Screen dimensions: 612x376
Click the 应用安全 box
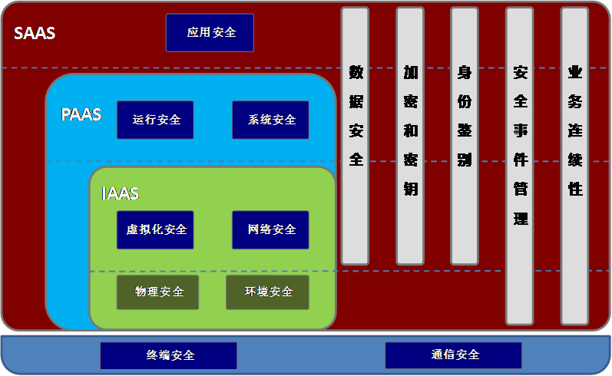click(210, 33)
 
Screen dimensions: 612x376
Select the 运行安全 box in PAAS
click(155, 120)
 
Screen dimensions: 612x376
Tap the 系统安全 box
click(270, 120)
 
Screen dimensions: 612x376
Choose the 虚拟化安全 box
click(155, 229)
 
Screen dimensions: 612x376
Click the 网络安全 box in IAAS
click(270, 229)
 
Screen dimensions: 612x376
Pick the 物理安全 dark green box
click(157, 292)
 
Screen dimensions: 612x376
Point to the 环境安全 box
click(268, 292)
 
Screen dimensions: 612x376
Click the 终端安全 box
click(169, 355)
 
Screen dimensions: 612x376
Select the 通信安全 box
click(454, 355)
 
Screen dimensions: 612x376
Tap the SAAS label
click(35, 33)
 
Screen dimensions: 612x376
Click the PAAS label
click(81, 114)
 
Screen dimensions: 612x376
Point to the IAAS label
click(121, 193)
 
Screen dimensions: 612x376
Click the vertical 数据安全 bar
click(356, 136)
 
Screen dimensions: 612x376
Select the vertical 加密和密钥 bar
click(410, 136)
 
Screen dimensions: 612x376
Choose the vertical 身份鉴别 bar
click(465, 136)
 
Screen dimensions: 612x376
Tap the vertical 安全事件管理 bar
click(520, 167)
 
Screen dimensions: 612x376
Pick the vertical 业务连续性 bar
click(574, 167)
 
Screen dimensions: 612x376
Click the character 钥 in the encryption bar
click(411, 190)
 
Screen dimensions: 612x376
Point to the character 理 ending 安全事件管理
click(521, 219)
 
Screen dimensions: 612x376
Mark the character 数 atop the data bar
click(356, 72)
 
